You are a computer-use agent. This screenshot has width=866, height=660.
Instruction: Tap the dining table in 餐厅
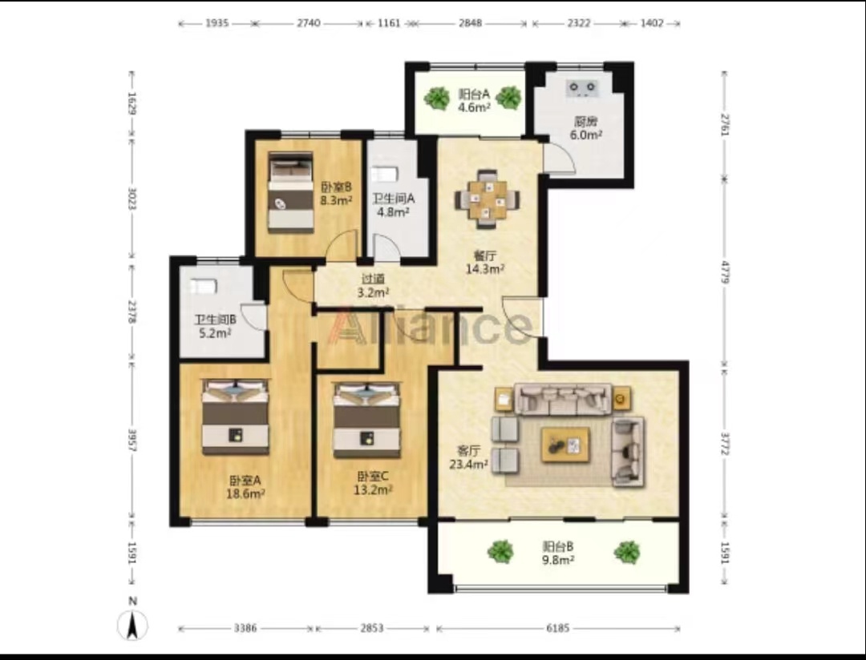487,199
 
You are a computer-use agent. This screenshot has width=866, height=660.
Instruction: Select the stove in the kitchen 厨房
582,87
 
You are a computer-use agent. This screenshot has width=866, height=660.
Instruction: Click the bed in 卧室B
290,192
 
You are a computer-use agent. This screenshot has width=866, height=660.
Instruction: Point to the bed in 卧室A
235,417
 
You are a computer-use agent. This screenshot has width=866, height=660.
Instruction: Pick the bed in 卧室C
366,421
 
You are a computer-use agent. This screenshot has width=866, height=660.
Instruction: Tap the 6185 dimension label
557,628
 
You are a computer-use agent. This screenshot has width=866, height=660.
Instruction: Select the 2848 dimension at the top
470,23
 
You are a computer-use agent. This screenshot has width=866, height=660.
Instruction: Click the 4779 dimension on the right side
725,271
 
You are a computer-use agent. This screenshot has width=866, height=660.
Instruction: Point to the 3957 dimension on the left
132,439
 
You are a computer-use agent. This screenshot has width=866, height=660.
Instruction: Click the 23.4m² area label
468,464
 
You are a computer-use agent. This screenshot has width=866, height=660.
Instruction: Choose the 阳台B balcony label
558,546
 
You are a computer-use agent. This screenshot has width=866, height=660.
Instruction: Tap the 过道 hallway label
373,280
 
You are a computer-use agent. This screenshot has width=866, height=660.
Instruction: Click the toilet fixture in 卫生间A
384,175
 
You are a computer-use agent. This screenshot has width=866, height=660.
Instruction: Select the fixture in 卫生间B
204,287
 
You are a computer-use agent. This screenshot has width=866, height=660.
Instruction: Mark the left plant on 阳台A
437,99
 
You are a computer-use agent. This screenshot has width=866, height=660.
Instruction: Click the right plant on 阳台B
627,552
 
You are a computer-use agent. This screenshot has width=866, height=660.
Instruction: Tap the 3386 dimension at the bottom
245,628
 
